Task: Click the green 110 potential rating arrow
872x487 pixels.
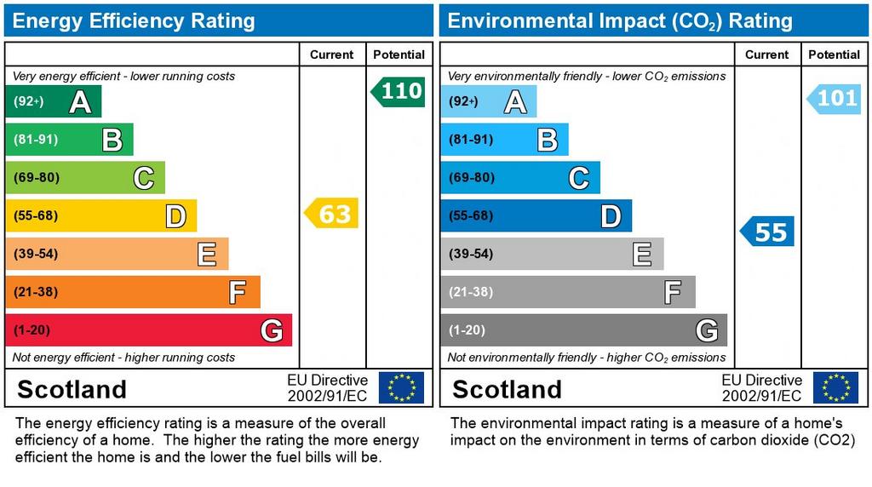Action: [399, 92]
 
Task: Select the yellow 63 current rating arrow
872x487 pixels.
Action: [331, 213]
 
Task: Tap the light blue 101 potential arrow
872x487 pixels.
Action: [834, 99]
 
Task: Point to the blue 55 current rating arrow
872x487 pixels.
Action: [767, 232]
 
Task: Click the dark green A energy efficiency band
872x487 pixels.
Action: [54, 101]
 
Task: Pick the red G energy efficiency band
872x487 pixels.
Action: [148, 329]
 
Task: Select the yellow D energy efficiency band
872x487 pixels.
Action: [101, 215]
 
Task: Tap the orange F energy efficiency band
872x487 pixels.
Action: [133, 292]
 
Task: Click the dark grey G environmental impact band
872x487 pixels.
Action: [584, 329]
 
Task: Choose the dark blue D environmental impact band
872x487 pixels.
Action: [536, 215]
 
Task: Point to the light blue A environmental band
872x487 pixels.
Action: [489, 101]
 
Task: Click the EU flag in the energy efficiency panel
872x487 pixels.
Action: [402, 387]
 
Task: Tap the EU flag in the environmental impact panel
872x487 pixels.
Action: [835, 387]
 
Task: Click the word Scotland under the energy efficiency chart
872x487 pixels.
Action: [72, 389]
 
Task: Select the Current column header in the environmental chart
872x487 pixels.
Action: [767, 54]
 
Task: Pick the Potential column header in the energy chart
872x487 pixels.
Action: [399, 54]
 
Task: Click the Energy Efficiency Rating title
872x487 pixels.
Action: [134, 21]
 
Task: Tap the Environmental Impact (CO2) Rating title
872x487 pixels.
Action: [620, 21]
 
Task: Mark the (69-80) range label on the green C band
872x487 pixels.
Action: [37, 177]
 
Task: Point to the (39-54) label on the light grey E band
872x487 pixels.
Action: [471, 254]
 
